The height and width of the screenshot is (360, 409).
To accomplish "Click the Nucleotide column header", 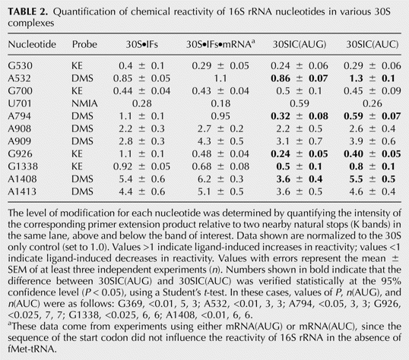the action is point(32,44).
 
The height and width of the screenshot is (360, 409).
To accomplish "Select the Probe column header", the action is point(84,44).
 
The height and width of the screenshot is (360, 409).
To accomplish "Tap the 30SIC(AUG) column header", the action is point(300,44).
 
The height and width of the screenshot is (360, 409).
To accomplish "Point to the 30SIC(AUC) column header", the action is point(373,44).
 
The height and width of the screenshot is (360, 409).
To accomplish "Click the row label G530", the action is point(20,65).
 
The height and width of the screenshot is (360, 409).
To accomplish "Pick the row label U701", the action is point(20,103).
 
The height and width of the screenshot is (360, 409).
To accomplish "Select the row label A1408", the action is point(22,179).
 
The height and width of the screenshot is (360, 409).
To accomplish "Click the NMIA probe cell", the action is point(84,103).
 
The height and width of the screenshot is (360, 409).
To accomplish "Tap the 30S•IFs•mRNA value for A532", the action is point(220,78).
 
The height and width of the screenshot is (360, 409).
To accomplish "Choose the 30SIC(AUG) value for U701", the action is point(300,103).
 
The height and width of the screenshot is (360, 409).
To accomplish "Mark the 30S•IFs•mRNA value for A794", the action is point(220,116).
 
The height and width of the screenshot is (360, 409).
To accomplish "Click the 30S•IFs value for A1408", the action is point(142,179).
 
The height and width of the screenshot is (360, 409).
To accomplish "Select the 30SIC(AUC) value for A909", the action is point(373,141).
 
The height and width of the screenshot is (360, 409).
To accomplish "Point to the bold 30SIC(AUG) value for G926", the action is point(300,154).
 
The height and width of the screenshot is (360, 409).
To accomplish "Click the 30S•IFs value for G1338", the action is point(141,166).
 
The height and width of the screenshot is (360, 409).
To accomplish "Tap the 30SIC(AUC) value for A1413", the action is point(373,191).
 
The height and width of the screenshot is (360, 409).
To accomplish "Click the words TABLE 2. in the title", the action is point(28,11).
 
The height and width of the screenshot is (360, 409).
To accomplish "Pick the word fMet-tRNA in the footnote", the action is point(32,349).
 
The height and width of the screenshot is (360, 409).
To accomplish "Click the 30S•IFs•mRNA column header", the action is point(220,44).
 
